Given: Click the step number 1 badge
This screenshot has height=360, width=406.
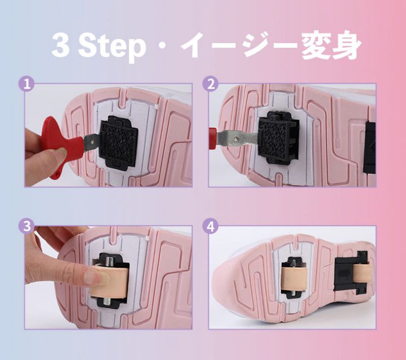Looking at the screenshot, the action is [27, 84].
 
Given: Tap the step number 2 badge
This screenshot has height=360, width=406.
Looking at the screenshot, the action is [211, 84].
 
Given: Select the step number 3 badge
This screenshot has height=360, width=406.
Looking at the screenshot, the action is [27, 226].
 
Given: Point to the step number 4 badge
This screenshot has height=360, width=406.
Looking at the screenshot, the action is [211, 226].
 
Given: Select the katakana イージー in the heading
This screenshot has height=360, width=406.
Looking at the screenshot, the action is [238, 46].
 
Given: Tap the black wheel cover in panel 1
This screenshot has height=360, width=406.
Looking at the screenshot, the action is [119, 143].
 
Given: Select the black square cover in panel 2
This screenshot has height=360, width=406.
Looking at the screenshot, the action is [279, 137].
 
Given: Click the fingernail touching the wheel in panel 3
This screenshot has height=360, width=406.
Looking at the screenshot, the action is [96, 277].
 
